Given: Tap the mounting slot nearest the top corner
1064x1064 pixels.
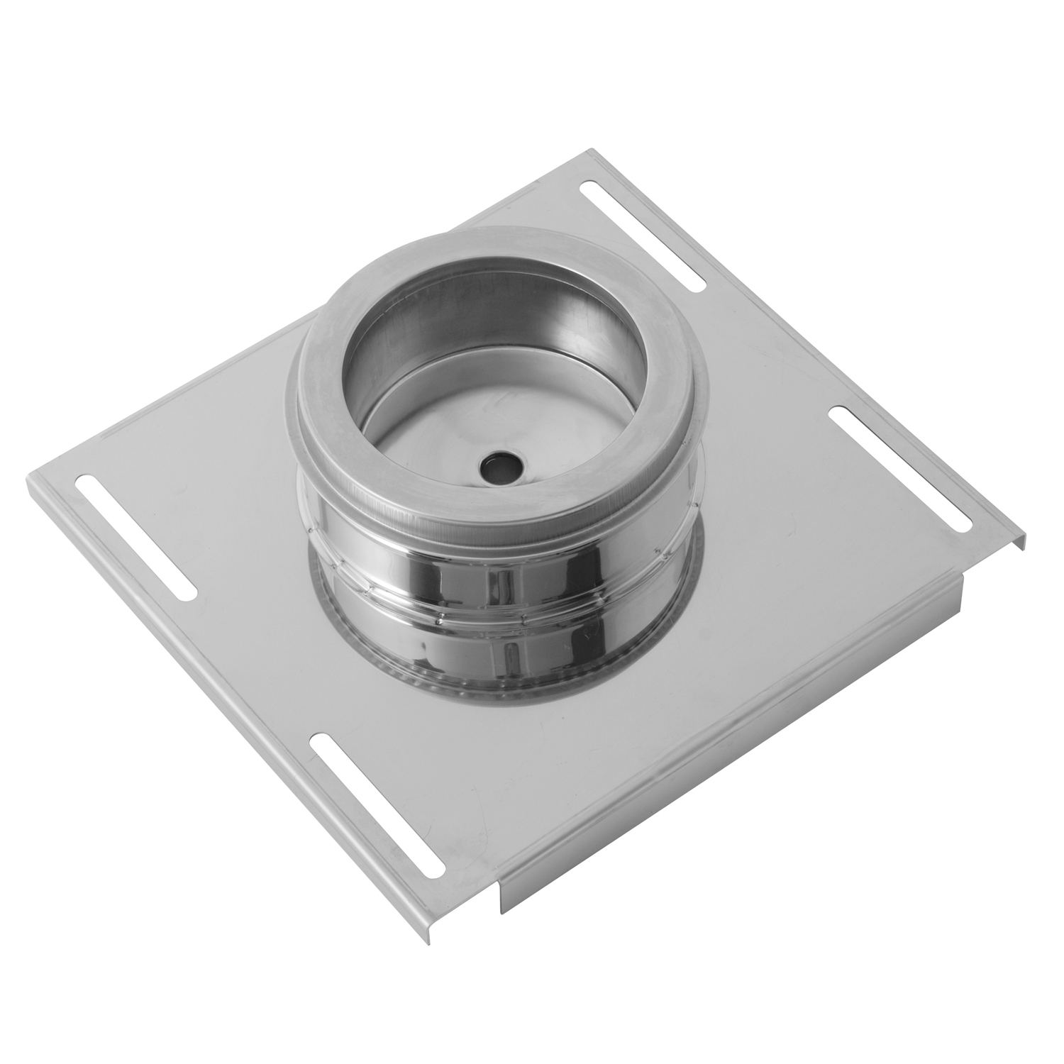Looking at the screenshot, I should point(643,237).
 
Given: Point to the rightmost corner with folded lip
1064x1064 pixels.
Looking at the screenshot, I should point(1023,538).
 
